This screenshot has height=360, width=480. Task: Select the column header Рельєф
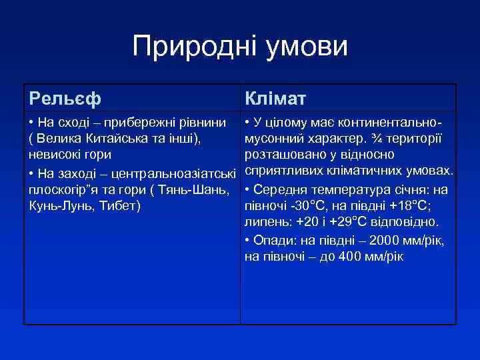65,99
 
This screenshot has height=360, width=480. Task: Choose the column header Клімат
275,99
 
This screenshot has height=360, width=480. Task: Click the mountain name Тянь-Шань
199,189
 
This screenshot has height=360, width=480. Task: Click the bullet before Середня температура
247,189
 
